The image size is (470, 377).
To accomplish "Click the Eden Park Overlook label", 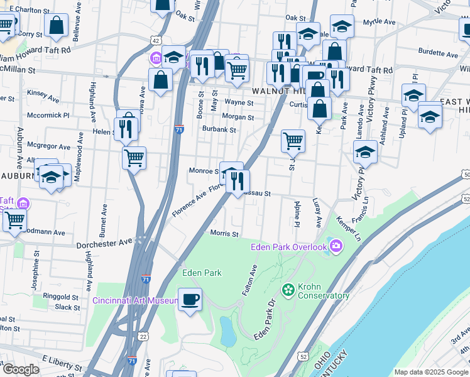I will coord(289,246).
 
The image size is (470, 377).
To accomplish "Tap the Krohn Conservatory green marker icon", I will coord(288,290).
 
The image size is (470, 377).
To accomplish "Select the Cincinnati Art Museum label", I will coord(136,300).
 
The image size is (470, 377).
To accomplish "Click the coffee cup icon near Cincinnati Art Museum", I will coord(190,298).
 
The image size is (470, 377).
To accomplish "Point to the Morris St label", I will coord(225,234).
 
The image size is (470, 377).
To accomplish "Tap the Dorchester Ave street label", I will coord(104,243).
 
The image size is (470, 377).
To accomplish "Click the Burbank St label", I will coord(219,130).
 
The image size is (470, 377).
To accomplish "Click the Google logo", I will coord(21,369).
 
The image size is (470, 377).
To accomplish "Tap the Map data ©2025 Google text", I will coord(431,372).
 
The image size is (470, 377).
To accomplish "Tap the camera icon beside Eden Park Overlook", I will coord(336,245).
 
